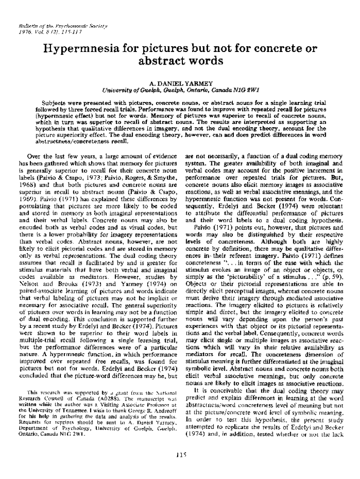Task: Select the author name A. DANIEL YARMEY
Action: coord(180,83)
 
